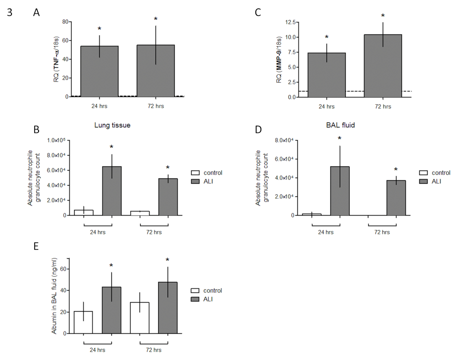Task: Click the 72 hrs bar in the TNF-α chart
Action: click(x=156, y=71)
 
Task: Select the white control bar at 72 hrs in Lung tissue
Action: click(x=140, y=213)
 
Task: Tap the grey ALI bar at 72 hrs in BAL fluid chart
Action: click(x=396, y=198)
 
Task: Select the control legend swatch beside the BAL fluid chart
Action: click(x=423, y=173)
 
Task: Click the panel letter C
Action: click(x=258, y=13)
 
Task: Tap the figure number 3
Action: click(x=10, y=13)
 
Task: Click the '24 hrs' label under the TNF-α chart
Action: click(x=99, y=106)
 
